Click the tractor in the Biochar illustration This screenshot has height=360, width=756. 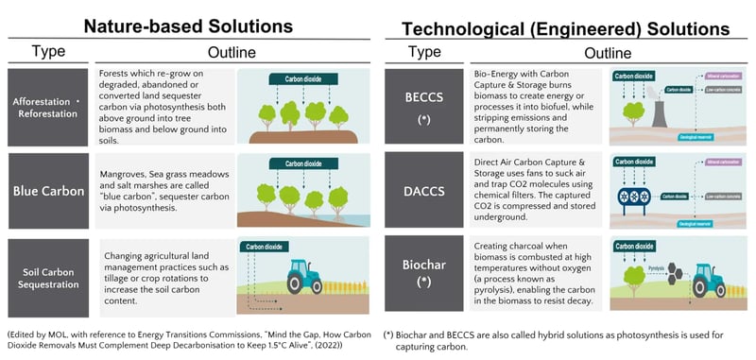[709, 281]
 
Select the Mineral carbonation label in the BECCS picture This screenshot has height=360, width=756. [717, 72]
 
